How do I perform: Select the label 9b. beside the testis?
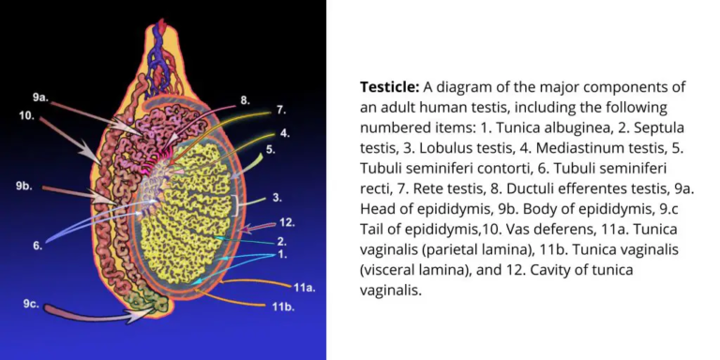24,187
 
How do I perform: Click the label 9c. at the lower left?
32,303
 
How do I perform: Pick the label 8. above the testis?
245,99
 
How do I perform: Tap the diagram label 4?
284,133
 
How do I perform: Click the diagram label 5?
270,149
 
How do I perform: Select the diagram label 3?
277,198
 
